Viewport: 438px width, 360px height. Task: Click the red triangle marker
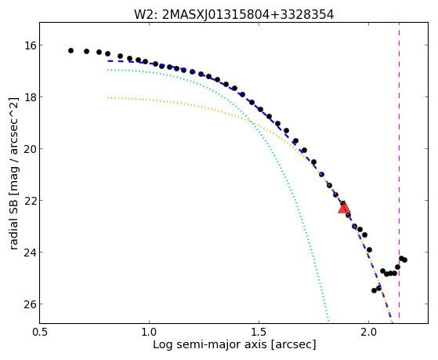[x=344, y=208]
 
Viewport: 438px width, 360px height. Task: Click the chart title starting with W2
[x=233, y=15]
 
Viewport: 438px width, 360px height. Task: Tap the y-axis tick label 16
[x=28, y=45]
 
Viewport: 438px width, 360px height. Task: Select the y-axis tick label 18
[x=28, y=96]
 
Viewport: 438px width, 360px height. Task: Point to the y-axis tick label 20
[x=28, y=148]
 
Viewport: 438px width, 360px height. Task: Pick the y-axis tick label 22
[x=28, y=200]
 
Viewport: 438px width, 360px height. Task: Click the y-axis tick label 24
[x=28, y=252]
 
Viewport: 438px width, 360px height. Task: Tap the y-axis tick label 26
[x=28, y=304]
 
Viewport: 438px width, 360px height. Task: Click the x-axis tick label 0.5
[x=40, y=332]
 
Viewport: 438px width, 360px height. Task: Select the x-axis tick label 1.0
[x=149, y=332]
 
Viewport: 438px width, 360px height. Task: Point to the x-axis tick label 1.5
[x=259, y=332]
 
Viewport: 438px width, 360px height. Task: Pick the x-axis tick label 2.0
[x=369, y=332]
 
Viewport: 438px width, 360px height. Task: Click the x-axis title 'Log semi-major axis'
[x=210, y=344]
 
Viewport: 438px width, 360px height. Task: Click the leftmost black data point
[x=71, y=51]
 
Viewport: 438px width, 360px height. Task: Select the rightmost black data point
[x=404, y=260]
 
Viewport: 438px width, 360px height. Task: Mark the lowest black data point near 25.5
[x=374, y=291]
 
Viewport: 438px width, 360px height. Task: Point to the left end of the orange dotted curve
[x=108, y=98]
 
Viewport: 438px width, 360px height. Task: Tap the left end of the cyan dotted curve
[x=108, y=70]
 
